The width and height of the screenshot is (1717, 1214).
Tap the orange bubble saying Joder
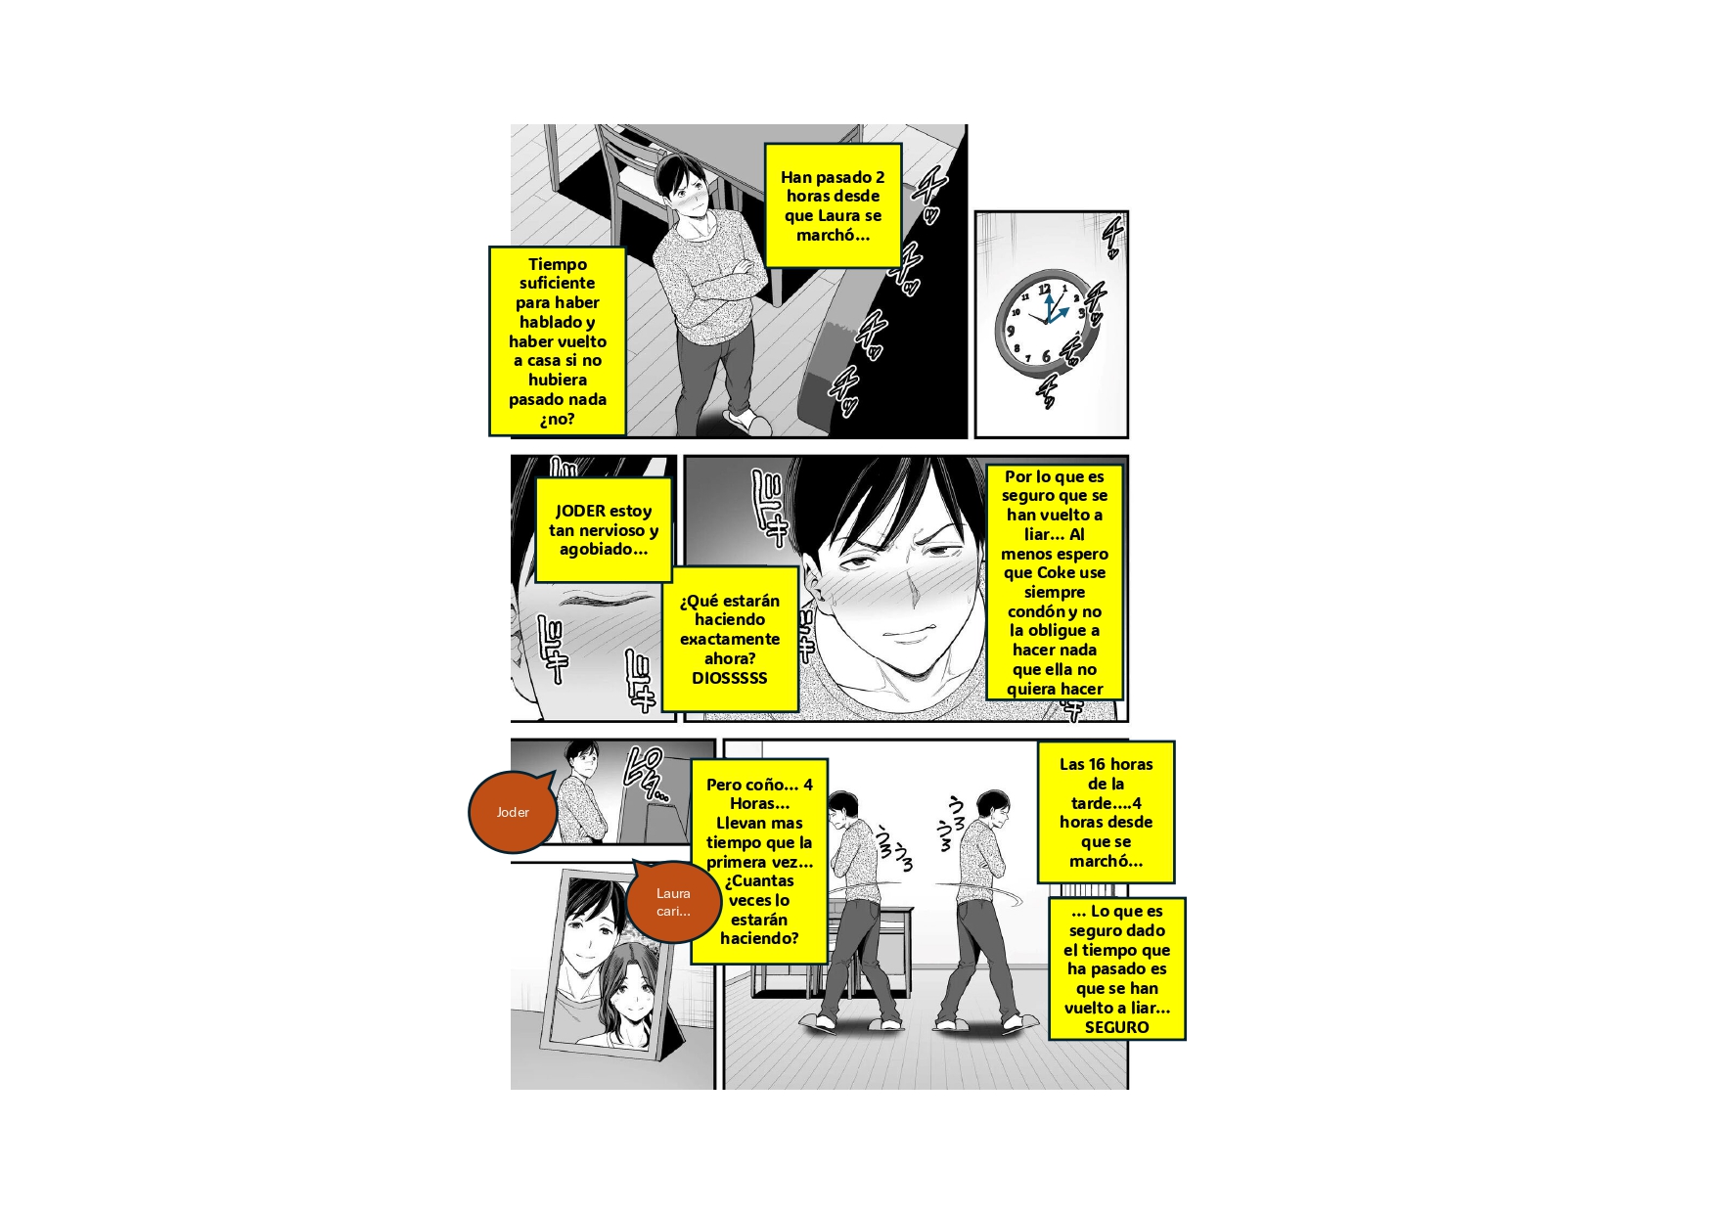point(513,812)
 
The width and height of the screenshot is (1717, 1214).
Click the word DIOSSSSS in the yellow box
point(730,678)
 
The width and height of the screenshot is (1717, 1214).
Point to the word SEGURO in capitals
point(1116,1027)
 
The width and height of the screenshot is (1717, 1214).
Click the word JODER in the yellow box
point(580,511)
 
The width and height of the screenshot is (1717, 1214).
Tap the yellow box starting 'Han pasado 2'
point(833,205)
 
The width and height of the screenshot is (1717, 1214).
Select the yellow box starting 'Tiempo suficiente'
point(557,341)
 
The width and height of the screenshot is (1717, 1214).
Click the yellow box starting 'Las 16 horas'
point(1106,812)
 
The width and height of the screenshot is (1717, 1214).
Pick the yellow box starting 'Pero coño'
point(759,862)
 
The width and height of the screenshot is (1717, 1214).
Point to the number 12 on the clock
point(1045,289)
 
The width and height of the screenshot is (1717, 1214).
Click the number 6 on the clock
point(1045,356)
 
